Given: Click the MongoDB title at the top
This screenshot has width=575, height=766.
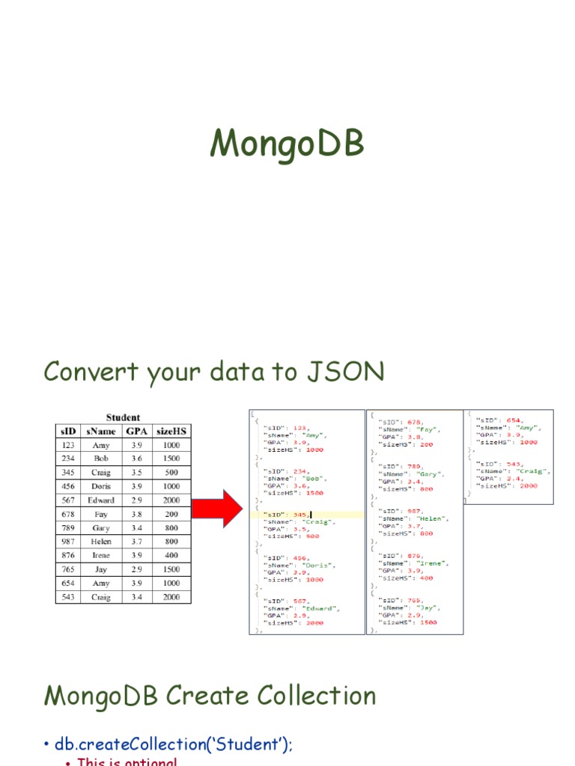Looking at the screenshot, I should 287,144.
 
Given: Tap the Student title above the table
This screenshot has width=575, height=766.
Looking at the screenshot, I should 123,417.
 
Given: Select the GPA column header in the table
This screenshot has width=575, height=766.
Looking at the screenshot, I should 136,431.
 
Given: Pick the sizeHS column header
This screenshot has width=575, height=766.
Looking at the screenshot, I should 171,431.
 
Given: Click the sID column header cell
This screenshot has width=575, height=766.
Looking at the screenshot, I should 68,431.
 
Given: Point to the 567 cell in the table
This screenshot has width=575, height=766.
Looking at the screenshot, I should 68,500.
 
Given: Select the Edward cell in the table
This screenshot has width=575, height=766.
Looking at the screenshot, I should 101,500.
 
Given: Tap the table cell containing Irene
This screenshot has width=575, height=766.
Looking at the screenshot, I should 101,556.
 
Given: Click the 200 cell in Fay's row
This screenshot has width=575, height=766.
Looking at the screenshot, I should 171,515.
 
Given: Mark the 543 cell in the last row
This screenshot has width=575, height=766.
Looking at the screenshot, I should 68,598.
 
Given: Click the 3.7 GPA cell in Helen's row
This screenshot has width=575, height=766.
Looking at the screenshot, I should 136,542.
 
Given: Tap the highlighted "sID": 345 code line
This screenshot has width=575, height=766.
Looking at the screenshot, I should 285,514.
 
